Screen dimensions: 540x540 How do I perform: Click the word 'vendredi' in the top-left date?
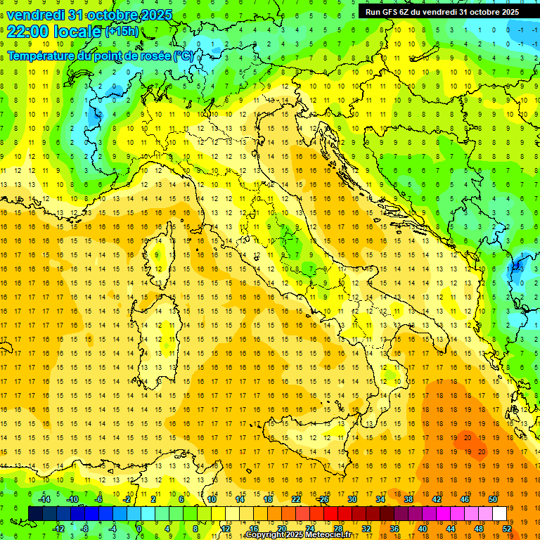click(36, 15)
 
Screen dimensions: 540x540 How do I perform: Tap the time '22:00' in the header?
click(27, 32)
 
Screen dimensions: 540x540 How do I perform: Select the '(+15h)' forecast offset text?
click(122, 32)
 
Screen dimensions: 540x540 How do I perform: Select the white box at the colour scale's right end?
click(499, 513)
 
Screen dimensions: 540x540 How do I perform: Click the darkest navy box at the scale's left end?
click(35, 513)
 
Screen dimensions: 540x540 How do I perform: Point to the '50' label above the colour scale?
click(492, 499)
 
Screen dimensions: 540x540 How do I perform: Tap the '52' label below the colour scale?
click(506, 528)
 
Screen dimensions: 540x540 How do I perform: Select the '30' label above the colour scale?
click(352, 499)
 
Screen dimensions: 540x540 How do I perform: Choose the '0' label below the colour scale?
click(140, 528)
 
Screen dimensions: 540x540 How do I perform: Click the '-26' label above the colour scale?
click(323, 499)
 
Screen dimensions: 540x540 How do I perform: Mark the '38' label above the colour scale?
click(408, 499)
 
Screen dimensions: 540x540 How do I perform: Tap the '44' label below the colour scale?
click(450, 528)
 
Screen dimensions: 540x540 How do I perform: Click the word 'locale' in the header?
click(75, 32)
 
